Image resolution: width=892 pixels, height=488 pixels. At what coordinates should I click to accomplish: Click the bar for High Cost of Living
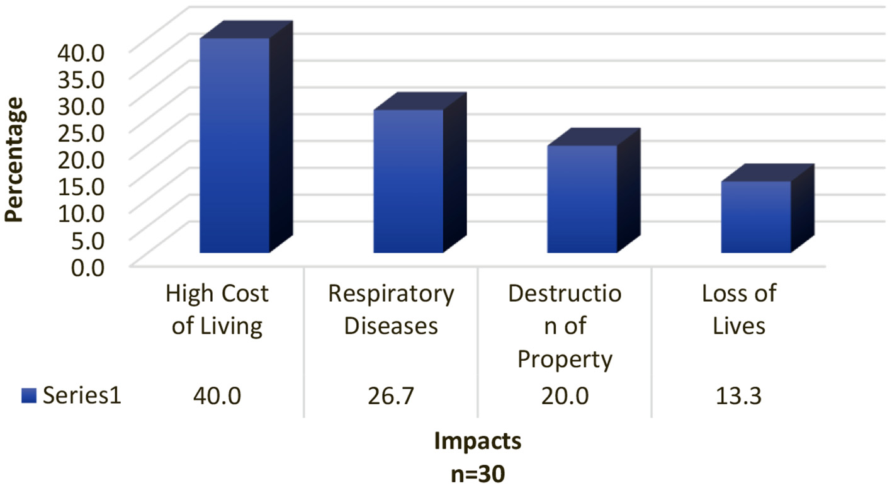pos(234,145)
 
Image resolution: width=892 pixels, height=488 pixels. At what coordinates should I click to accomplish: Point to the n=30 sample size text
pos(478,473)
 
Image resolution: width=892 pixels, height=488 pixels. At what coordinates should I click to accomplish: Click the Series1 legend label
pos(81,395)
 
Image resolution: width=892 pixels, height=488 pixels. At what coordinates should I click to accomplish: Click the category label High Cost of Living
pos(217,310)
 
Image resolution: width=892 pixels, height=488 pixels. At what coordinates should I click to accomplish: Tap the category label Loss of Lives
pos(738,310)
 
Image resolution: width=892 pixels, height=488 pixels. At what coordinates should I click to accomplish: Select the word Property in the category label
pos(564,360)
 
